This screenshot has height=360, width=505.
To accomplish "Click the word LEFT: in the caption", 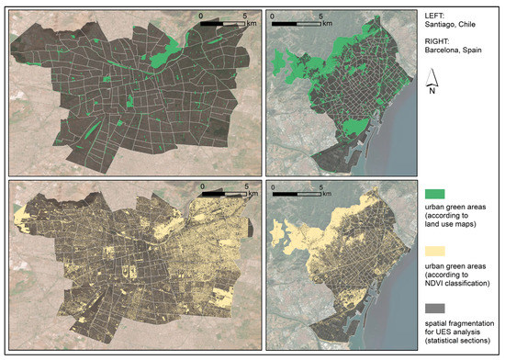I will click(436, 16).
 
